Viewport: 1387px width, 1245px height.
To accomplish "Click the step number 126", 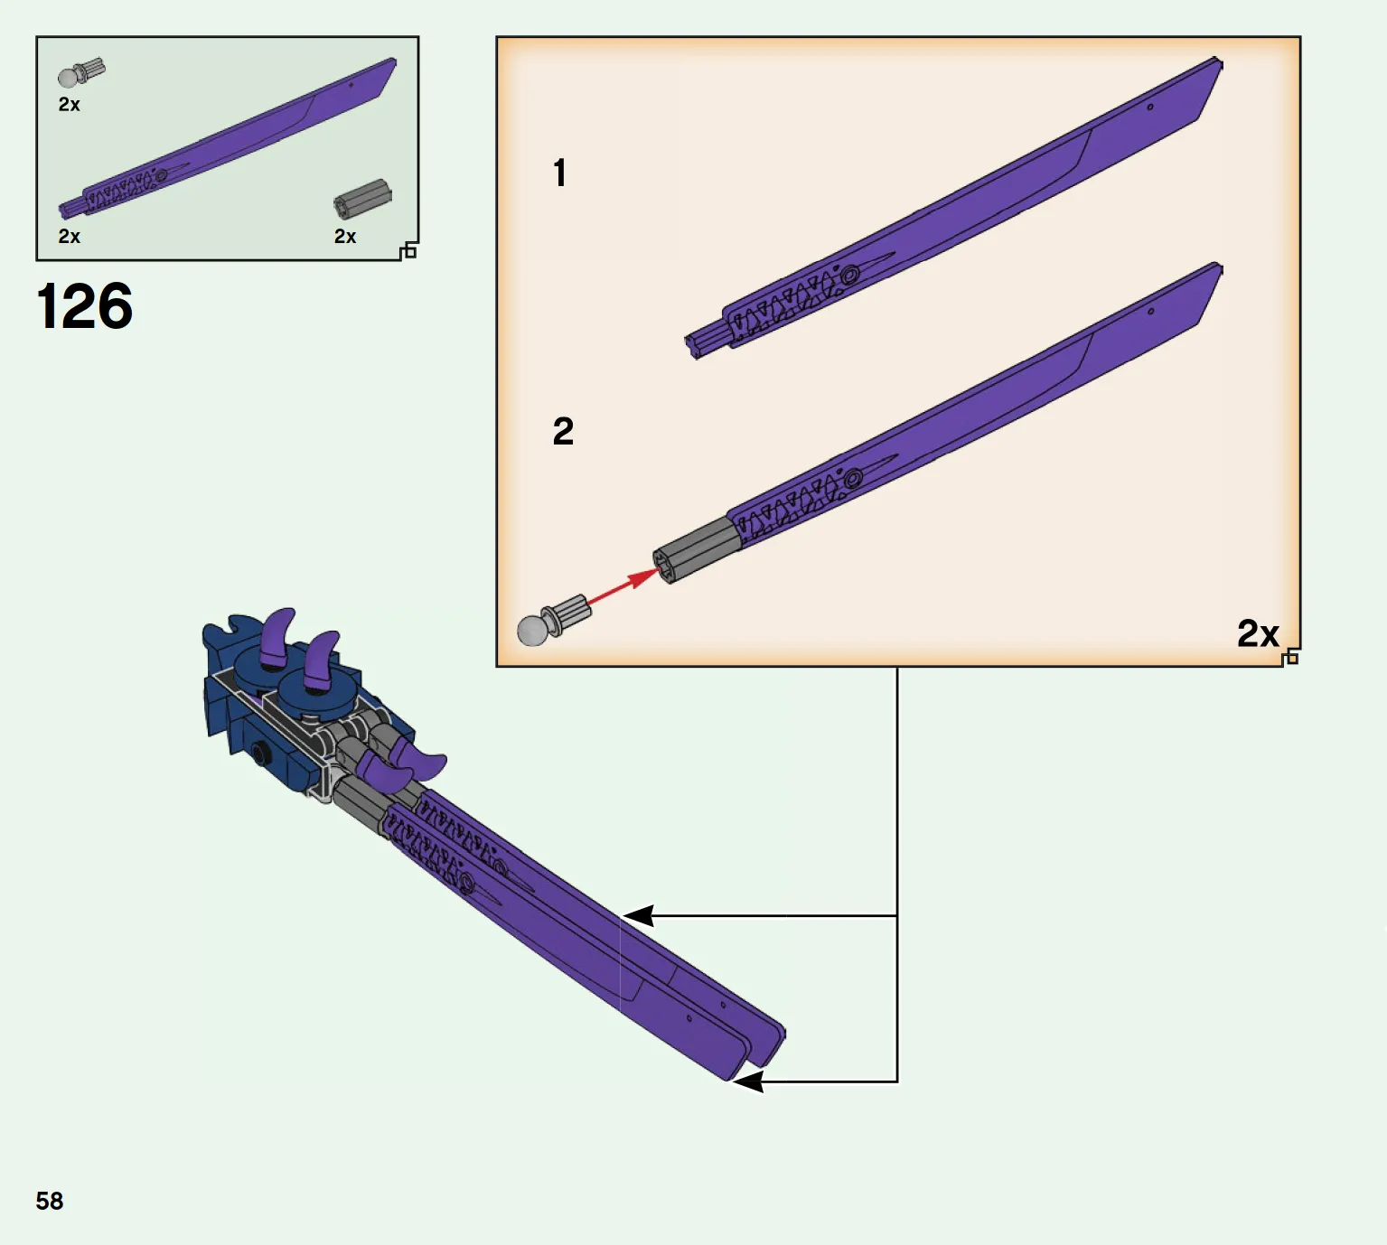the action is (x=84, y=306).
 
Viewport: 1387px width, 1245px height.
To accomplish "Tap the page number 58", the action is (x=50, y=1201).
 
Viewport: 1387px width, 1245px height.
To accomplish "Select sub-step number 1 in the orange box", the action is (x=559, y=173).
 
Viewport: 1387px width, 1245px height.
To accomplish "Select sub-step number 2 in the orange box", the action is (x=563, y=431).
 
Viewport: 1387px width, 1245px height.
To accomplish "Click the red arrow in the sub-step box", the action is (x=622, y=586).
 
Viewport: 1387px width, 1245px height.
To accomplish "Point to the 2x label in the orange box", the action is (x=1258, y=633).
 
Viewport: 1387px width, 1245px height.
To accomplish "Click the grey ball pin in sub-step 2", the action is (x=552, y=620).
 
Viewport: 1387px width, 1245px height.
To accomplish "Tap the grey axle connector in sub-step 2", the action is (x=697, y=549).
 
